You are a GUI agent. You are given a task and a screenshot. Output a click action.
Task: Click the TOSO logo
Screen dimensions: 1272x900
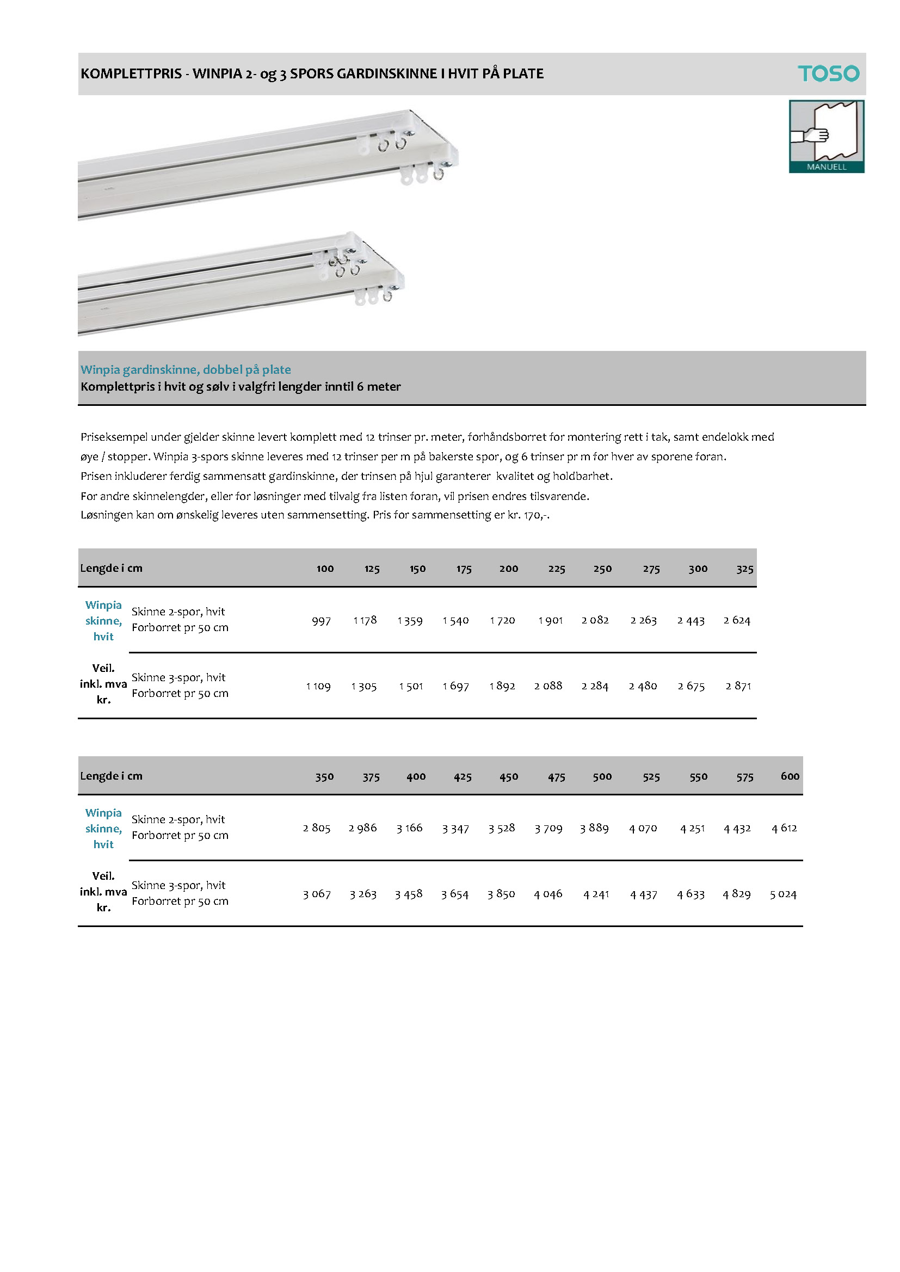[x=828, y=73]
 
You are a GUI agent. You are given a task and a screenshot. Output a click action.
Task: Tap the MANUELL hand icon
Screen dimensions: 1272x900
[x=827, y=135]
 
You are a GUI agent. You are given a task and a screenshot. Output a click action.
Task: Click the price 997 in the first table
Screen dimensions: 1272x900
[x=322, y=620]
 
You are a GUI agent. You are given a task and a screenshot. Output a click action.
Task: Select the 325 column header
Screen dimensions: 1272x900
[x=745, y=569]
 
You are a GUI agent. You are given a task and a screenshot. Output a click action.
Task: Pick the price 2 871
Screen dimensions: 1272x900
[x=738, y=686]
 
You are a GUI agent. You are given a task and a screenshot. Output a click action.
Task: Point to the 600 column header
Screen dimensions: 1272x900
[x=790, y=776]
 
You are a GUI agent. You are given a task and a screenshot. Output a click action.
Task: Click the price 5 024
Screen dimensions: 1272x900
[x=782, y=894]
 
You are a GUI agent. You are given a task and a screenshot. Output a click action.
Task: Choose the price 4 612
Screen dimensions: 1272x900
[x=784, y=828]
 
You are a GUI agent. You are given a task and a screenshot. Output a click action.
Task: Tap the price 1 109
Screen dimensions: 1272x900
[x=318, y=687]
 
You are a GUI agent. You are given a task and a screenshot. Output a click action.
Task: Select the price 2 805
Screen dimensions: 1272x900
[x=317, y=828]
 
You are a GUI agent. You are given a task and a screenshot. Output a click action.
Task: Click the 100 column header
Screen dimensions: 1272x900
[x=325, y=569]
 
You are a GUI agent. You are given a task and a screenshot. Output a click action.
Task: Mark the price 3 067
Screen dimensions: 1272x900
[x=317, y=894]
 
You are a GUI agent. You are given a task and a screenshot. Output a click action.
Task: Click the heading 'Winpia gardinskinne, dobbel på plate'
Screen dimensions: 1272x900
[x=186, y=369]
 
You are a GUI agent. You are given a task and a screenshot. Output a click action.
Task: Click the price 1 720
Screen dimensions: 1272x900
[x=502, y=620]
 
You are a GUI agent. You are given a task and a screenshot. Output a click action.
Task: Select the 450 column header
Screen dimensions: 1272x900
[x=509, y=777]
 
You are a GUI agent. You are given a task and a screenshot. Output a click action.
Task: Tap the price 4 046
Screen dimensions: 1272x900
[x=548, y=894]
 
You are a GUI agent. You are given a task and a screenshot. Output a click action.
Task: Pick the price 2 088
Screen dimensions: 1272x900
[x=548, y=686]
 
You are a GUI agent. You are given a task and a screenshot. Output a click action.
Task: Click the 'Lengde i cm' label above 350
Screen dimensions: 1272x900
[x=112, y=776]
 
